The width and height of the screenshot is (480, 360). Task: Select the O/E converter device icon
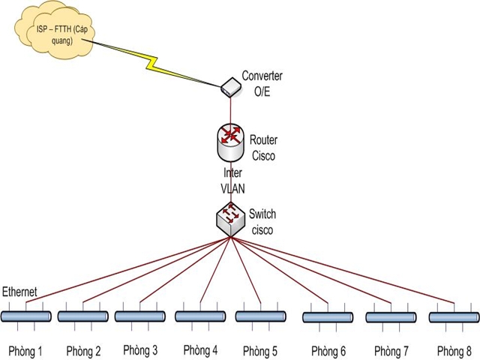229,88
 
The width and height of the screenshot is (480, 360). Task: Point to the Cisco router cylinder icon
229,141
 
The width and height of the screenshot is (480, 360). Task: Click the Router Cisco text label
262,148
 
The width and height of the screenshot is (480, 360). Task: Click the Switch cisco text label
263,222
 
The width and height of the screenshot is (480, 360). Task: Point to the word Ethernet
21,291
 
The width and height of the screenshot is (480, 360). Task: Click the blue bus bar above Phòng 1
26,316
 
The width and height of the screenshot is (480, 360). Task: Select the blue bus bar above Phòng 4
200,316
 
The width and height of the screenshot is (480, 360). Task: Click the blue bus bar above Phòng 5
260,316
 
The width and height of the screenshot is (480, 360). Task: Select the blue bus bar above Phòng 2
83,316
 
